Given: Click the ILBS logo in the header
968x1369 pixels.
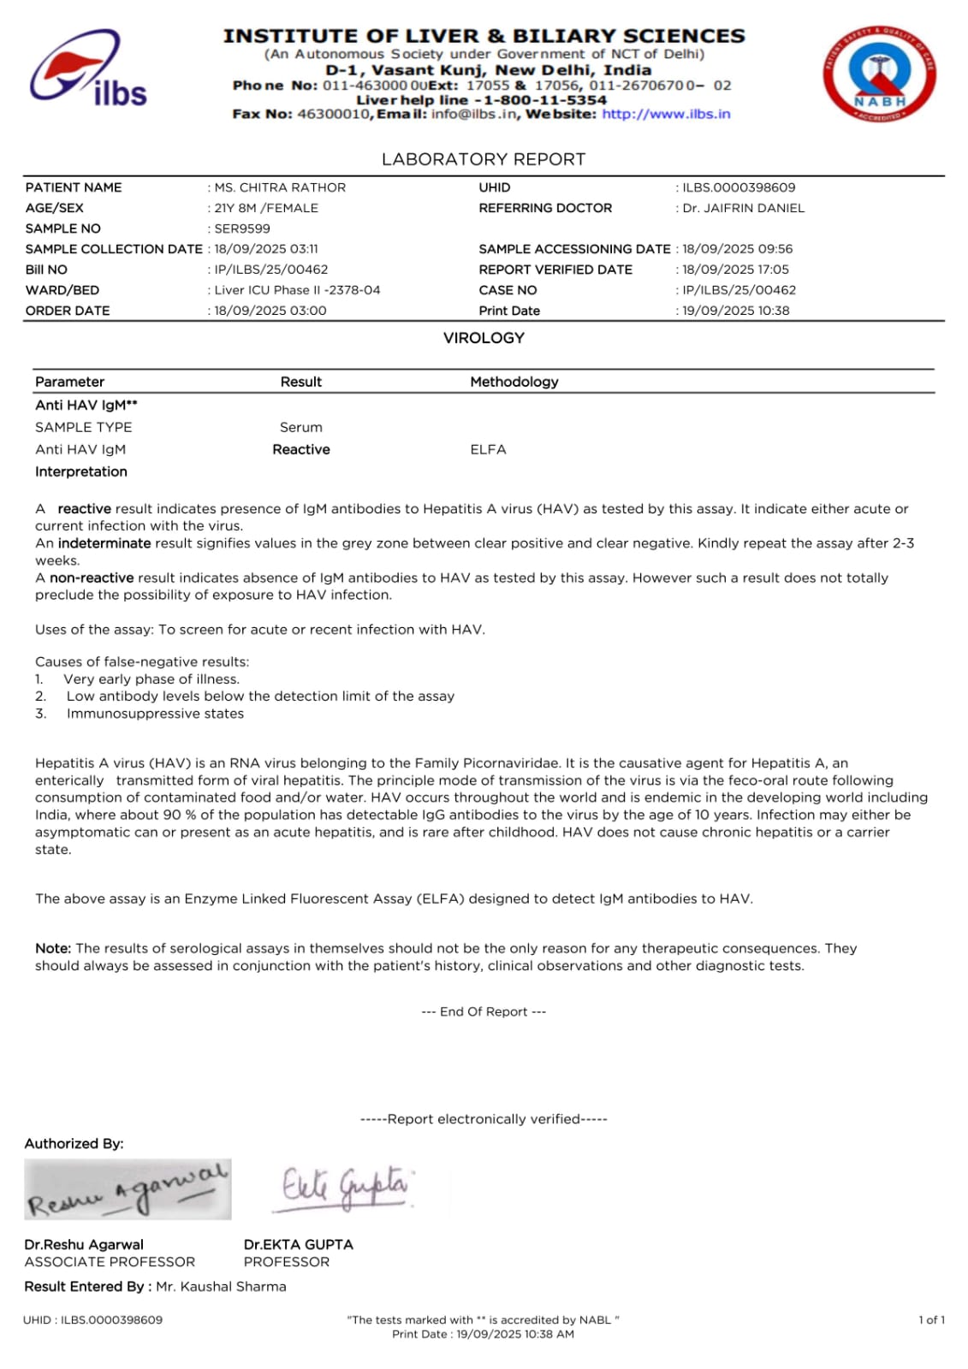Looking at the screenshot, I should (88, 70).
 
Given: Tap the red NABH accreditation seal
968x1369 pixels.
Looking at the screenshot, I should (879, 74).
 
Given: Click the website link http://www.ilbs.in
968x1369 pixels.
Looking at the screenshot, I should (666, 114).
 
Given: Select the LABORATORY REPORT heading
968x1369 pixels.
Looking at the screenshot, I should (484, 159).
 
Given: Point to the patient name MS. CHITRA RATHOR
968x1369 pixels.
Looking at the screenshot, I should (280, 187).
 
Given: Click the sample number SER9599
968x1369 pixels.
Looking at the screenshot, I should (242, 228).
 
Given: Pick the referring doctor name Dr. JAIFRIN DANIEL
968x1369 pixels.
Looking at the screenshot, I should (743, 208).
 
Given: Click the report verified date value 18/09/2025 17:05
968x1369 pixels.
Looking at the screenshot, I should (735, 270).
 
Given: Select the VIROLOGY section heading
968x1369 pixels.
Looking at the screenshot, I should (484, 338).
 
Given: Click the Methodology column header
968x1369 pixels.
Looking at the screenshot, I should (514, 382).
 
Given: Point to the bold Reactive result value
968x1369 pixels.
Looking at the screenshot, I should (301, 449).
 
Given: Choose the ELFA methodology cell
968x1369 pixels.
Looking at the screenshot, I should (488, 449).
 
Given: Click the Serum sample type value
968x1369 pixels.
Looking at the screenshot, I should (301, 427).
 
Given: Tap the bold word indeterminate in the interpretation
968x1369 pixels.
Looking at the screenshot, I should (104, 543).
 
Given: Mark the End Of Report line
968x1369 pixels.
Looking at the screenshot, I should (484, 1011).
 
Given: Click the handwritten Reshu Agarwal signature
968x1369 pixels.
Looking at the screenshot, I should (128, 1189).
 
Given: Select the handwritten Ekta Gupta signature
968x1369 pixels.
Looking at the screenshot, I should (344, 1187).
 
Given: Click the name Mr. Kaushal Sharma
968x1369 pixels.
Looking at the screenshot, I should (221, 1286).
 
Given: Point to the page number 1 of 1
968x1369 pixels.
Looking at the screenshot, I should (931, 1319).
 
